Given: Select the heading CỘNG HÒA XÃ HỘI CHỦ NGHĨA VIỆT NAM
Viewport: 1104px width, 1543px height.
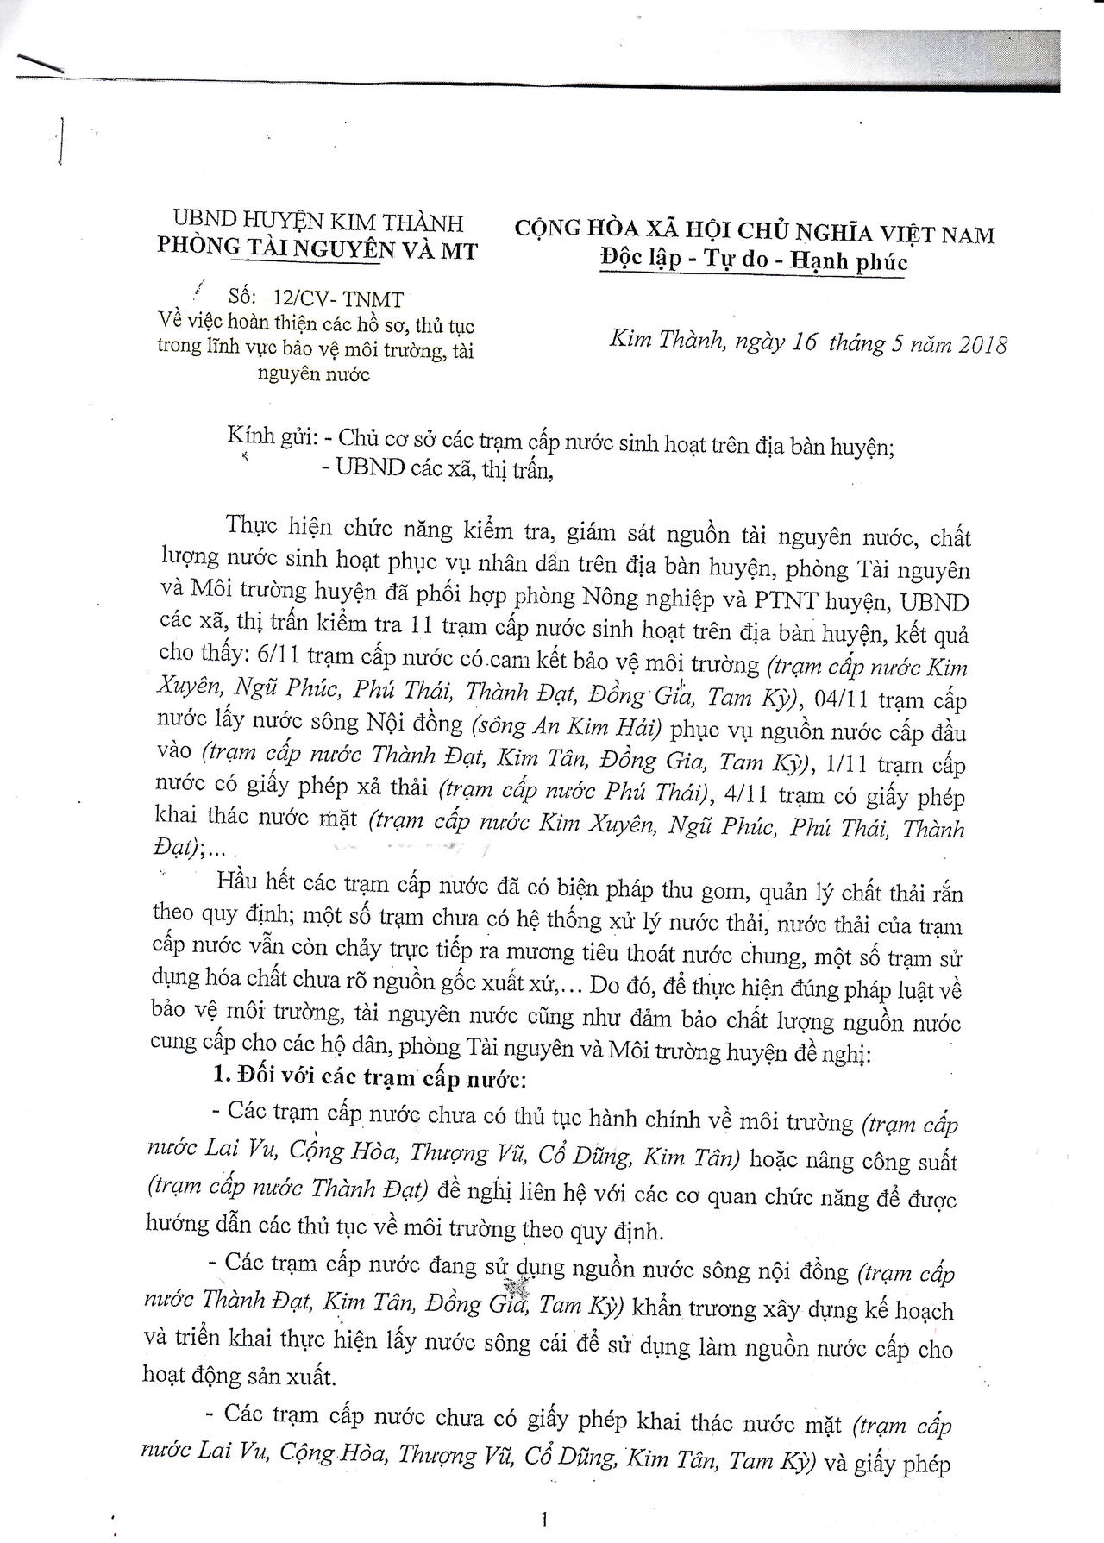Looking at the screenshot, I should (755, 233).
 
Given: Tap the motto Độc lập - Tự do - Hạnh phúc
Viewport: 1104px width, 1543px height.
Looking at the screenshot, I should (755, 260).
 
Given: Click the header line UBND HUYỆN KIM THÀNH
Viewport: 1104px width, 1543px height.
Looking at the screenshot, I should (318, 223).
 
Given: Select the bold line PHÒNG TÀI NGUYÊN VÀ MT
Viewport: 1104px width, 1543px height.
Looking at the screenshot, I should (317, 248).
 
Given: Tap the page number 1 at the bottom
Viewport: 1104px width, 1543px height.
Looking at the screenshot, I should (544, 1518).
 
